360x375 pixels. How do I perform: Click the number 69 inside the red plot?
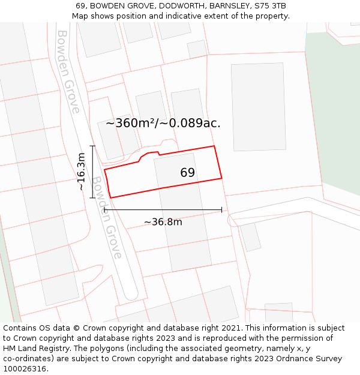pos(187,173)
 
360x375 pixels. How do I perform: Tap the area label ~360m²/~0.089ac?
pos(163,124)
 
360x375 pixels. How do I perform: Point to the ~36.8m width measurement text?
pos(163,222)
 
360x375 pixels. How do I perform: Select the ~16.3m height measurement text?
pos(81,172)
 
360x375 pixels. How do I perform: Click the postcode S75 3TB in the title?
pos(270,5)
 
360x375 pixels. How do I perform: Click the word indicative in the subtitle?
pos(184,16)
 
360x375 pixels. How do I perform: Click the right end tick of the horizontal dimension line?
pos(222,209)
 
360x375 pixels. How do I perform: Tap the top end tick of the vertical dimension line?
pos(92,146)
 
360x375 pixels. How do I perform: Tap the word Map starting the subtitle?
pos(81,16)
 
